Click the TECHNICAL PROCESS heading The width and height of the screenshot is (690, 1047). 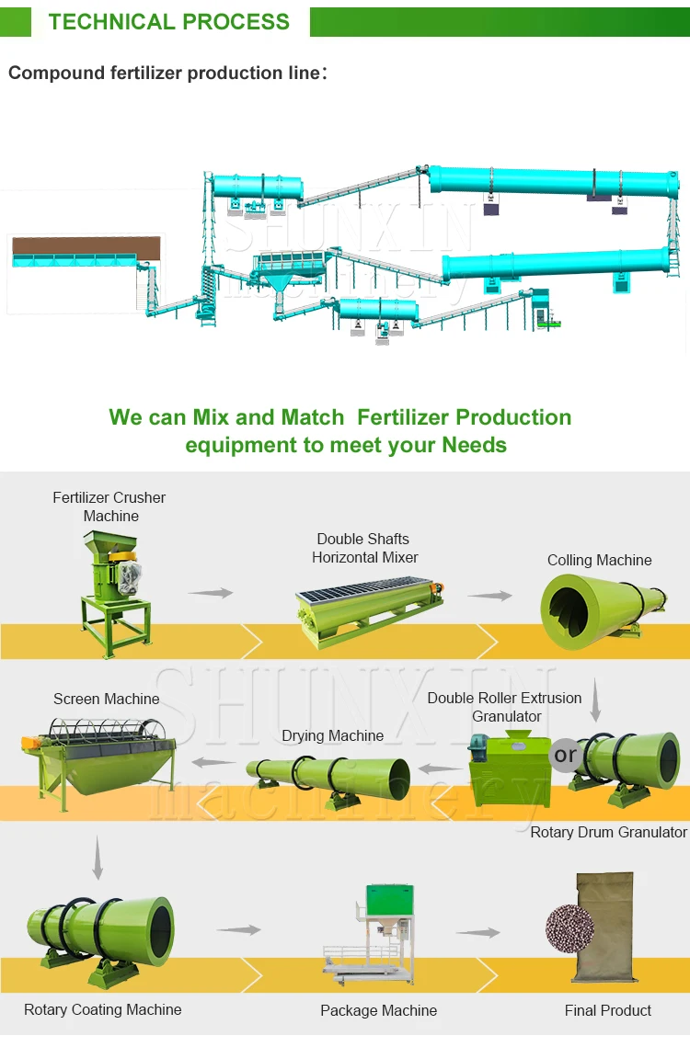pyautogui.click(x=169, y=22)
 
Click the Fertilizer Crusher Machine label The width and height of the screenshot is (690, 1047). pyautogui.click(x=109, y=506)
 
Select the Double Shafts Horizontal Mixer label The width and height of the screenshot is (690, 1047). pyautogui.click(x=364, y=548)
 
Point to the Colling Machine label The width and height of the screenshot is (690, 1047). pyautogui.click(x=599, y=560)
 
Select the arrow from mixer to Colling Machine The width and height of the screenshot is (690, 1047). pyautogui.click(x=489, y=596)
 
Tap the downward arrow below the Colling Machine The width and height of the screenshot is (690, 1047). pyautogui.click(x=595, y=700)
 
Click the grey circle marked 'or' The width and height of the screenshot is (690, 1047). pyautogui.click(x=565, y=756)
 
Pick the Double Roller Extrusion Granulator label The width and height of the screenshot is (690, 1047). pyautogui.click(x=505, y=707)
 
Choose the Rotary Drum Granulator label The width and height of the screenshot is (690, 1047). pyautogui.click(x=608, y=832)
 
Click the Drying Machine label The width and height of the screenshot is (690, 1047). pyautogui.click(x=332, y=735)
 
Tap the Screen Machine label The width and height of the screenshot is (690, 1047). pyautogui.click(x=106, y=699)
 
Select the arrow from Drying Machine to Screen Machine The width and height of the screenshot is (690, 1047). pyautogui.click(x=213, y=762)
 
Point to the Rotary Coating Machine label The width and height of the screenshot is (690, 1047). pyautogui.click(x=103, y=1009)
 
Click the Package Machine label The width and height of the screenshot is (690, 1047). pyautogui.click(x=378, y=1010)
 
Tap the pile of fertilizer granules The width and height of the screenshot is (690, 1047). pyautogui.click(x=569, y=928)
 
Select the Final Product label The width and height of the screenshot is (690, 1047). pyautogui.click(x=607, y=1010)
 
